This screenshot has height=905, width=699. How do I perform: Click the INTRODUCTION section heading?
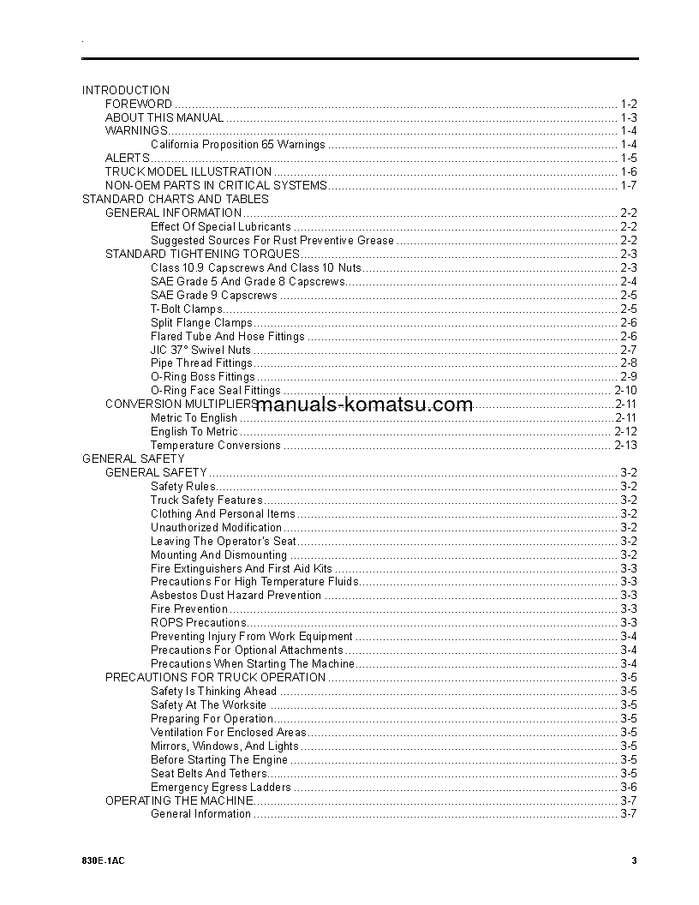pos(126,90)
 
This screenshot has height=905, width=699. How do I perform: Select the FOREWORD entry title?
pos(139,104)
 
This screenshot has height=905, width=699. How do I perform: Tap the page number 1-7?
pos(629,186)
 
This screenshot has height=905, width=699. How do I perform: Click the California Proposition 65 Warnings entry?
pos(238,145)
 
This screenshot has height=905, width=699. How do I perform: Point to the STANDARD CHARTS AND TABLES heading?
pos(176,200)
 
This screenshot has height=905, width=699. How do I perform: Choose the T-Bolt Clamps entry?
pos(187,309)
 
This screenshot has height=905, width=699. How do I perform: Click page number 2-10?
pos(626,391)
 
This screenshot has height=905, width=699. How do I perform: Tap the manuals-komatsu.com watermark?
pos(364,405)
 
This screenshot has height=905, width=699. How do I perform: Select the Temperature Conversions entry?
pos(216,446)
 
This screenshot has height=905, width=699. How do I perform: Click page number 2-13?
pos(626,446)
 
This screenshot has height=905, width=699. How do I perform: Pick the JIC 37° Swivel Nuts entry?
pos(201,350)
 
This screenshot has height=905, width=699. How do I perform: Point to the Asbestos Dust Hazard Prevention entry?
pos(236,596)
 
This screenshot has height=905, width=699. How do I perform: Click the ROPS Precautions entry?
pos(199,623)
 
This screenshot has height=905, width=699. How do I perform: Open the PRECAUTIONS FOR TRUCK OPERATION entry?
pos(216,677)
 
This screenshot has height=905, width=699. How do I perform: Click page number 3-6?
pos(629,787)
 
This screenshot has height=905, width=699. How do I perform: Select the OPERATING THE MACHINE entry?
pos(180,800)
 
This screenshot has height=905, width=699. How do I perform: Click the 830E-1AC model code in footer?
pos(99,861)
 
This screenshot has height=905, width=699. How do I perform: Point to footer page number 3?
pos(634,861)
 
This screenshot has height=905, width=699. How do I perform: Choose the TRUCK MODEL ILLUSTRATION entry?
pos(188,172)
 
